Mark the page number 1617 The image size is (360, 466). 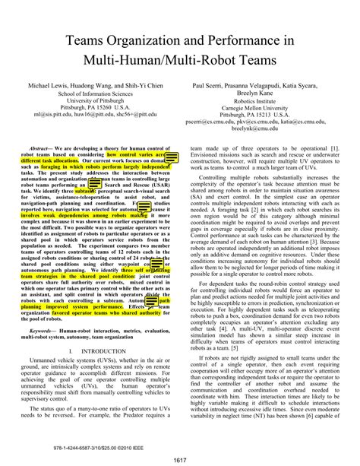180,459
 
